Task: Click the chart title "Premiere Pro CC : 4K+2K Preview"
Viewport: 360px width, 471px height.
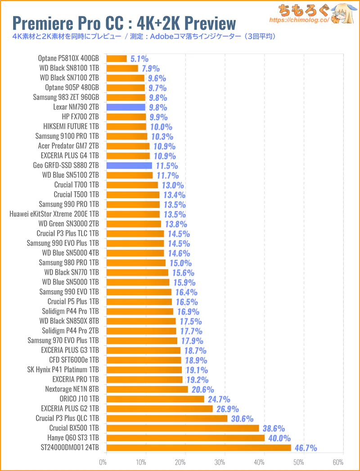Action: tap(124, 22)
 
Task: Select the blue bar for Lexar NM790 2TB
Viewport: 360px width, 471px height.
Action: tap(126, 107)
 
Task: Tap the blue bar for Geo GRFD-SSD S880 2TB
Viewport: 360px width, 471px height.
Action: tap(129, 166)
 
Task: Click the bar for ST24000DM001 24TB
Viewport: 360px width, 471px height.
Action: tap(198, 448)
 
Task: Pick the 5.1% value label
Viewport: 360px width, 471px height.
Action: tap(139, 59)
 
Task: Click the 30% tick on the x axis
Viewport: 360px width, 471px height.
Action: tap(220, 462)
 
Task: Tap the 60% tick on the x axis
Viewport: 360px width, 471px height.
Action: tap(338, 462)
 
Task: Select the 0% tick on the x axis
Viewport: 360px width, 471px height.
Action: tap(103, 462)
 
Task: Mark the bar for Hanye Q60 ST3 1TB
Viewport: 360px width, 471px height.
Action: tap(185, 438)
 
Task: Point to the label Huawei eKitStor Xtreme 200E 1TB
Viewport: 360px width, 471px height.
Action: tap(54, 214)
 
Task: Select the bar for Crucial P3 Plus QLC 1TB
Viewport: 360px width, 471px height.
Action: tap(166, 418)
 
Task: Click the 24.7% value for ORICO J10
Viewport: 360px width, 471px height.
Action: tap(219, 399)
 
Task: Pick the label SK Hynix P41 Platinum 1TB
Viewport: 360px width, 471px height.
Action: tap(63, 370)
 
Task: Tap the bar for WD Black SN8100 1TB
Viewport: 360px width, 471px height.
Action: tap(122, 68)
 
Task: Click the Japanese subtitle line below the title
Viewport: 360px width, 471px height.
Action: tap(144, 36)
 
